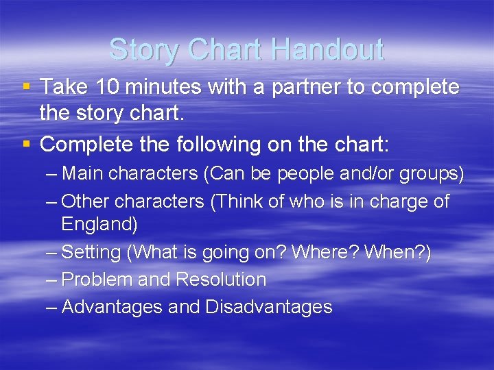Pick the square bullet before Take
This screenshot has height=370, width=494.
pos(26,87)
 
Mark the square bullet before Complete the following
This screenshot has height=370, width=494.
pos(26,145)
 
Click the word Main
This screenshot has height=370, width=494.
pos(84,174)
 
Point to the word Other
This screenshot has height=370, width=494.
pos(86,201)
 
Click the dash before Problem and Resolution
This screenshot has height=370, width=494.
pos(51,280)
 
